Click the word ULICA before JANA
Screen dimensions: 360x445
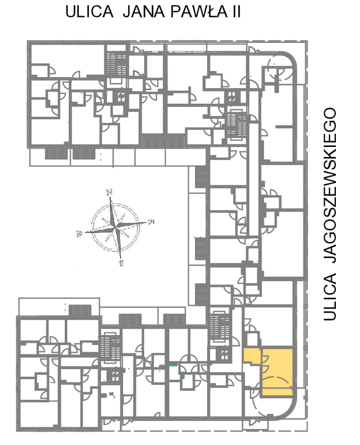click(89, 12)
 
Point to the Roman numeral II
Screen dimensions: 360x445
click(236, 12)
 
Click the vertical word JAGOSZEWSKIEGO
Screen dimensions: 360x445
click(330, 186)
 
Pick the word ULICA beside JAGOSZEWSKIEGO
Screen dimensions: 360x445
click(330, 297)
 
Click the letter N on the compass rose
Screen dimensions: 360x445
click(109, 192)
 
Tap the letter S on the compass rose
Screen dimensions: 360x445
click(122, 263)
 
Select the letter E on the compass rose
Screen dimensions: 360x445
click(151, 221)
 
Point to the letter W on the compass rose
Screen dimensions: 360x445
click(79, 233)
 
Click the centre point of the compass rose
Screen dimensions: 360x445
click(115, 227)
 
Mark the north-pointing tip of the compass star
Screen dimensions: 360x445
click(111, 196)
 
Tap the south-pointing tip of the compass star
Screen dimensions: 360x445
click(121, 259)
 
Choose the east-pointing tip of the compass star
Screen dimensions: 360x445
click(147, 222)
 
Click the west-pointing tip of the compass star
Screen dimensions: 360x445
click(84, 233)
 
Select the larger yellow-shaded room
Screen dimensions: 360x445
click(277, 372)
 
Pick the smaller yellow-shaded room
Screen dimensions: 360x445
click(252, 355)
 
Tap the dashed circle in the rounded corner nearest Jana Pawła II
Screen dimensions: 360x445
click(280, 69)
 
